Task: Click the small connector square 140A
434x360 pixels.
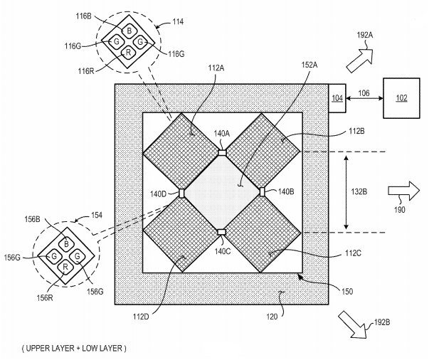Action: [222, 152]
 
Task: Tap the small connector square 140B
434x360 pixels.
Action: [262, 191]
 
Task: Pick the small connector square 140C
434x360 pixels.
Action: [222, 232]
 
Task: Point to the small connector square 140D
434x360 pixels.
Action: [181, 193]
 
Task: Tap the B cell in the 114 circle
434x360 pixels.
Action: [129, 31]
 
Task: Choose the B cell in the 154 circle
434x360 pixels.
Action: [65, 241]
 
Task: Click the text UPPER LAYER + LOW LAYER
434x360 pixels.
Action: [75, 349]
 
